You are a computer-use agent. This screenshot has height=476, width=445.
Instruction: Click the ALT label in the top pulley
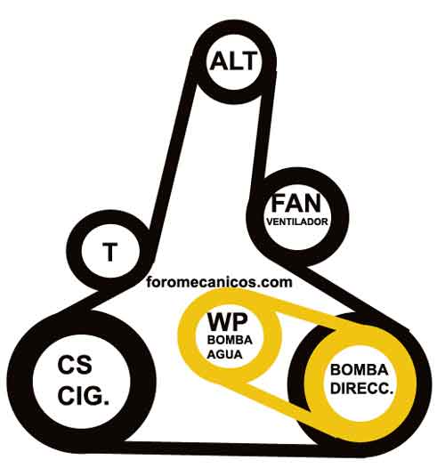[x=233, y=61]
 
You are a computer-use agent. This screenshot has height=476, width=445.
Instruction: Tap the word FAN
[x=295, y=203]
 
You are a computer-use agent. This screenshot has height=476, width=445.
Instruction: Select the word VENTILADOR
[x=297, y=222]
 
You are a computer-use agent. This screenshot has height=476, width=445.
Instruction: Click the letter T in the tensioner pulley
[x=110, y=252]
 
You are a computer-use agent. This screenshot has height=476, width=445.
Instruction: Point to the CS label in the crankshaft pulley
[x=75, y=365]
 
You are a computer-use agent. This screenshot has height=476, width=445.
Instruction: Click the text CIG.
[x=84, y=396]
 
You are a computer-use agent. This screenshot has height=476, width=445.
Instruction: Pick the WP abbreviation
[x=228, y=322]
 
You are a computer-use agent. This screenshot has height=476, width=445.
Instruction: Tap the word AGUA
[x=224, y=354]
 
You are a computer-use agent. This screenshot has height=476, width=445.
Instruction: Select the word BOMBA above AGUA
[x=230, y=340]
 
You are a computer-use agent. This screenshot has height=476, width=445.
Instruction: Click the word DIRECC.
[x=361, y=388]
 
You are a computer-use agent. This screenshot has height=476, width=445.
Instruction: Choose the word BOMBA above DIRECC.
[x=359, y=370]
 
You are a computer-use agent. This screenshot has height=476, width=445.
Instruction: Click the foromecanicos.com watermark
[x=219, y=282]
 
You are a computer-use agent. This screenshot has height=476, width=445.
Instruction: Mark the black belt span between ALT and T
[x=174, y=152]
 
